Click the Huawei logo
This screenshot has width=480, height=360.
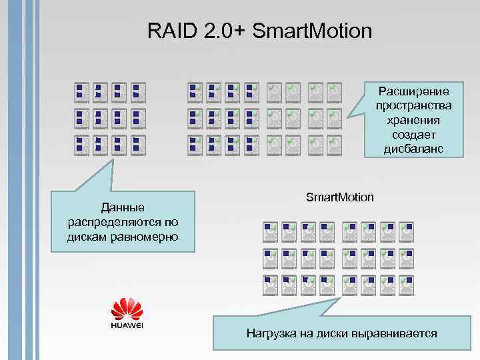coord(127,313)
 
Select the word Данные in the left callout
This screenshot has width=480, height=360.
coord(122,207)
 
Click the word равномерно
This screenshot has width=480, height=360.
coord(147,236)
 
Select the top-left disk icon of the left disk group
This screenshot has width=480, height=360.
coord(81,91)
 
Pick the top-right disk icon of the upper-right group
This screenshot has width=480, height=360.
coord(335,91)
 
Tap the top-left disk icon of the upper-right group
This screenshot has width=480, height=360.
coord(195,91)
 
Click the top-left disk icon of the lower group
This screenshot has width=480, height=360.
coord(270,231)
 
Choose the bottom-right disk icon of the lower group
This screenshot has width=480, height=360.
coord(407,284)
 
